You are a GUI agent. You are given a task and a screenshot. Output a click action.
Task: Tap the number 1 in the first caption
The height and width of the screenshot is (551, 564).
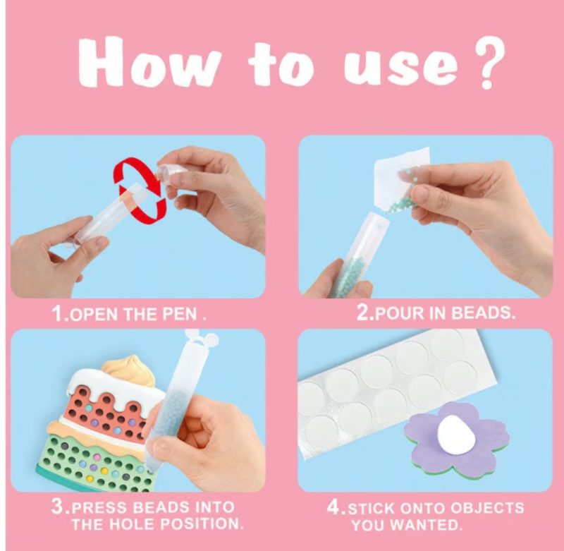[x=58, y=313]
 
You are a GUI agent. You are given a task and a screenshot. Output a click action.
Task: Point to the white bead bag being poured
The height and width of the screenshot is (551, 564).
[x=402, y=176]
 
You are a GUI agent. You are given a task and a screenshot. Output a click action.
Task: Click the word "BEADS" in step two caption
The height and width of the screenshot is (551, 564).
[x=482, y=313]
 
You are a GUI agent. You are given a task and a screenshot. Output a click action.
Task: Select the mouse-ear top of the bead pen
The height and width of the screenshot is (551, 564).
[x=201, y=337]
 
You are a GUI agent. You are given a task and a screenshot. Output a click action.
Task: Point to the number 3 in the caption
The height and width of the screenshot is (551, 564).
[x=57, y=507]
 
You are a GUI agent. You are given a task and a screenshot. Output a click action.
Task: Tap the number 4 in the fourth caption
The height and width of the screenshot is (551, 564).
[x=333, y=507]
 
